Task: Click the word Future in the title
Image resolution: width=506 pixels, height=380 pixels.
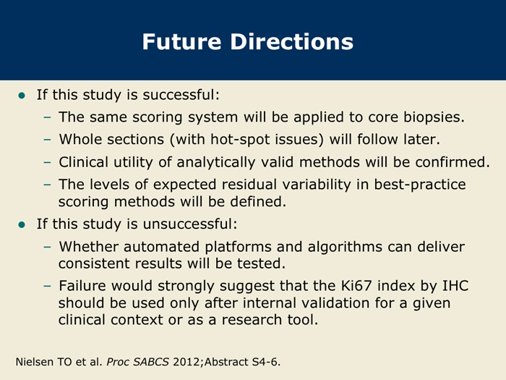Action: (x=181, y=42)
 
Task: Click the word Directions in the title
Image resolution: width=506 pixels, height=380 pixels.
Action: (x=292, y=42)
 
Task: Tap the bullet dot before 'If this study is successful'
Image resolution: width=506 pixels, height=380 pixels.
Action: (x=22, y=96)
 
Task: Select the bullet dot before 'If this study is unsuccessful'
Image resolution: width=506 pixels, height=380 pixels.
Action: (x=22, y=224)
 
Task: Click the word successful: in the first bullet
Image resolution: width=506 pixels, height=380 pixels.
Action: (x=181, y=95)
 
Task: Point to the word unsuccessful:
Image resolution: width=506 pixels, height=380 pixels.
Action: (x=190, y=224)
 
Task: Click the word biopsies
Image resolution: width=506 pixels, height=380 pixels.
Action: (x=434, y=117)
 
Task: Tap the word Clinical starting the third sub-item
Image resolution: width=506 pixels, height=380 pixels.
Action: (x=83, y=162)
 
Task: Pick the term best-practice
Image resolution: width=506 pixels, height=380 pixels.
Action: (x=420, y=185)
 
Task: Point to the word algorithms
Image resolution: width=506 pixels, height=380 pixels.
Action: (x=345, y=247)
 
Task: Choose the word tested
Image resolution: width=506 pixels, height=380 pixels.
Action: (x=262, y=263)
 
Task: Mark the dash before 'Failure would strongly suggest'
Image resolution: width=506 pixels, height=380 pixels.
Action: (x=47, y=286)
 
